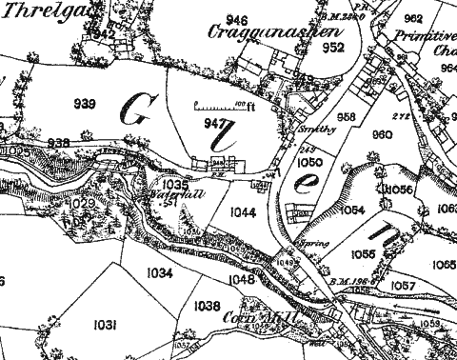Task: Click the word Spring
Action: [x=315, y=244]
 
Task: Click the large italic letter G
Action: [x=138, y=111]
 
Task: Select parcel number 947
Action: [x=216, y=124]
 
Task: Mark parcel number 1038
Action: [x=206, y=306]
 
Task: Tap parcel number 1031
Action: [x=106, y=325]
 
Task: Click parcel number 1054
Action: [x=353, y=210]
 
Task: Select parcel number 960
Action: [x=382, y=135]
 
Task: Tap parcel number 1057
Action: [x=403, y=286]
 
